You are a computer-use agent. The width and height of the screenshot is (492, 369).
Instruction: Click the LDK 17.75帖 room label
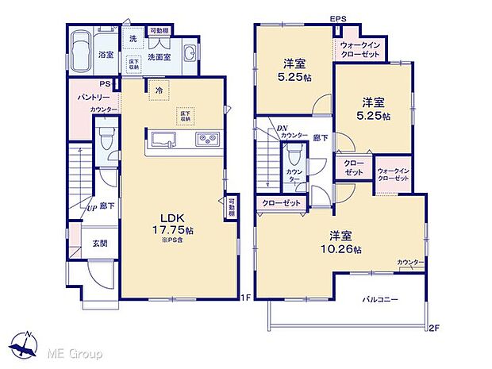179,224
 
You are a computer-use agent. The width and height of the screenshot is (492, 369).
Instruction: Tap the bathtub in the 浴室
83,52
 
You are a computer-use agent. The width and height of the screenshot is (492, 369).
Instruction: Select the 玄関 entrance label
90,244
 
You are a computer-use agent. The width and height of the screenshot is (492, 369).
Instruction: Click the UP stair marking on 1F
92,208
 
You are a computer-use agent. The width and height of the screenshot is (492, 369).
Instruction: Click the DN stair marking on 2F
283,129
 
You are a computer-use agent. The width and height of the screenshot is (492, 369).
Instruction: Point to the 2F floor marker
432,327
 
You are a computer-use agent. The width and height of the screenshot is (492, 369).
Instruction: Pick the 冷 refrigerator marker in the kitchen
160,90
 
